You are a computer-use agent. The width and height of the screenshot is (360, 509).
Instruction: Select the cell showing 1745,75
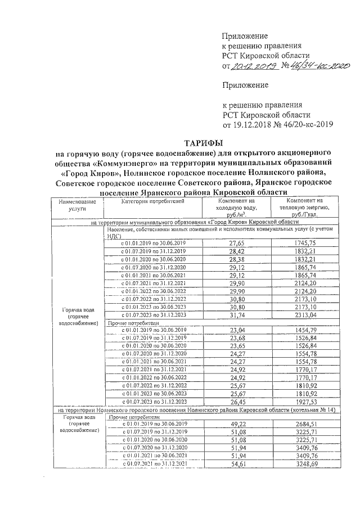304,243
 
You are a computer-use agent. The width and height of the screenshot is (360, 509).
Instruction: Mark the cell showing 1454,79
304,329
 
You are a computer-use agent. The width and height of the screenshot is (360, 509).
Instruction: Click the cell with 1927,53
304,402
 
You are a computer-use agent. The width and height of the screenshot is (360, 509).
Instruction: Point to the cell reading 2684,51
304,424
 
